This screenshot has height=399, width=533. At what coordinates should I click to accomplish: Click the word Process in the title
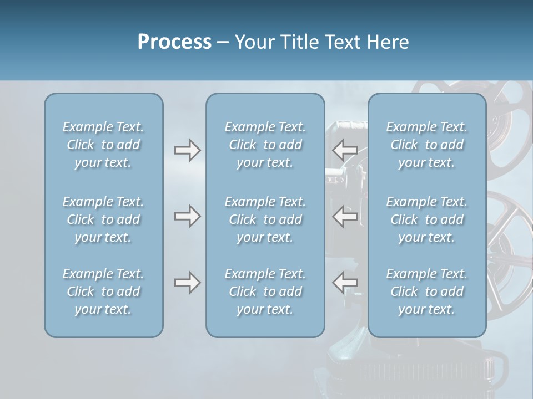(x=174, y=42)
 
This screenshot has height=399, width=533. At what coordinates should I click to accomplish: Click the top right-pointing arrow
(x=187, y=150)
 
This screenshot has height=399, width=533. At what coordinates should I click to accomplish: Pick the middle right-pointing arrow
(x=187, y=216)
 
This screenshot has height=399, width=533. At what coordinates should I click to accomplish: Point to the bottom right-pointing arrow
(x=187, y=283)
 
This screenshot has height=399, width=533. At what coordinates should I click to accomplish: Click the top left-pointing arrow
(x=345, y=150)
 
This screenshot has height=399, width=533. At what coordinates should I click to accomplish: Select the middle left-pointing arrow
(x=345, y=216)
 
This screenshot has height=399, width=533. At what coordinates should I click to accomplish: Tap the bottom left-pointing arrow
(x=345, y=283)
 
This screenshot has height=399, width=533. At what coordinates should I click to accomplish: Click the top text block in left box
(x=103, y=145)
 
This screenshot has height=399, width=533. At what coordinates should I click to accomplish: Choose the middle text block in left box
(x=103, y=219)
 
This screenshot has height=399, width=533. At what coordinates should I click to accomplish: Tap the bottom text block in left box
(x=103, y=291)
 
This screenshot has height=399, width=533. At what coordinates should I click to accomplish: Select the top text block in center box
(x=265, y=145)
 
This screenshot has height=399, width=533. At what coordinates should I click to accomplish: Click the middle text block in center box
(x=265, y=219)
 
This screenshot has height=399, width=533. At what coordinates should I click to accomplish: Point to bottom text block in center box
(x=265, y=291)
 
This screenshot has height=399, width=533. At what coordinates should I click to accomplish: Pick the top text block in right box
(x=427, y=145)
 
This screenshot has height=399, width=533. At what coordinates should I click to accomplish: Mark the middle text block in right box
(x=427, y=219)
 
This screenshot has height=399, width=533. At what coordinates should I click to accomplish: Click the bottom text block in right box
(x=427, y=291)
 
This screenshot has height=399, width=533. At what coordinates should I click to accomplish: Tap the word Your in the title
(x=253, y=42)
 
